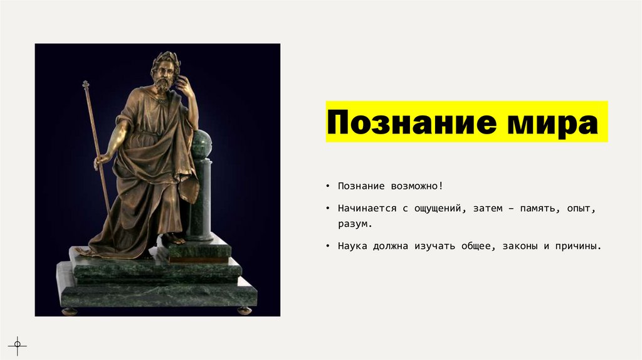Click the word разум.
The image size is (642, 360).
pos(355,223)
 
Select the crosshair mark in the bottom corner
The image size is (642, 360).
pos(17,344)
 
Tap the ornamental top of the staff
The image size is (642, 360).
pos(85,84)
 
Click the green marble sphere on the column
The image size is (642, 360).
pos(203,144)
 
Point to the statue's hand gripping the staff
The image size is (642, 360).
pos(100,162)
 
